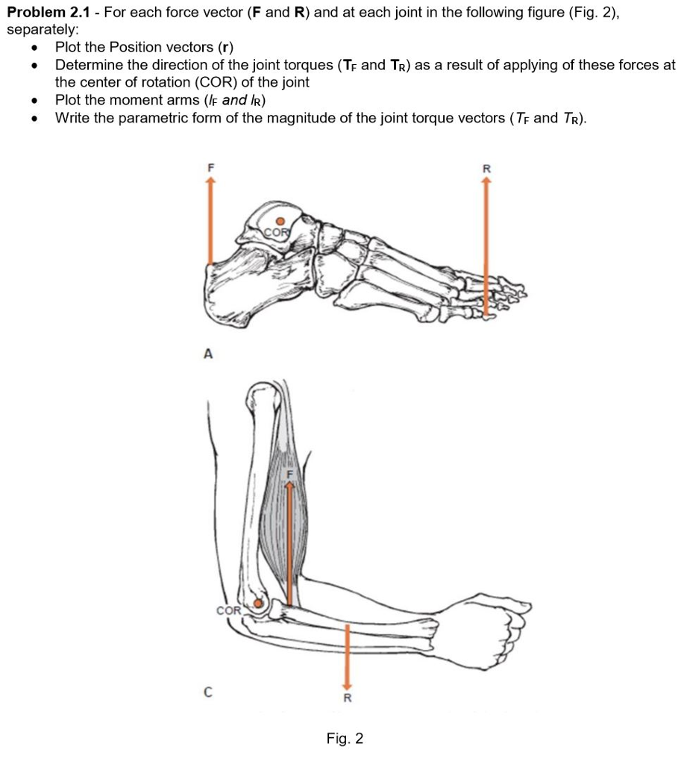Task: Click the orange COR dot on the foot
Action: click(x=280, y=221)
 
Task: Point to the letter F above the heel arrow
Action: click(x=210, y=169)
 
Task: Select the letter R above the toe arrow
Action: click(x=486, y=169)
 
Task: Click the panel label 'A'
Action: click(x=208, y=356)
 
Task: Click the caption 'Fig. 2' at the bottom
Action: click(x=345, y=739)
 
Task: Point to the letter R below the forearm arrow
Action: click(x=346, y=699)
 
